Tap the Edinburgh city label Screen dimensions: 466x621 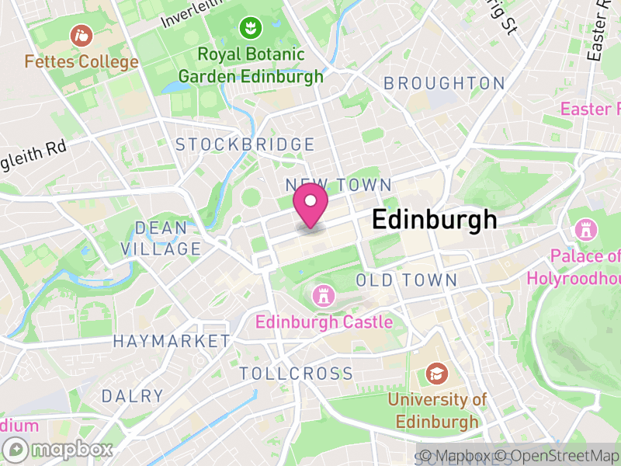click(435, 220)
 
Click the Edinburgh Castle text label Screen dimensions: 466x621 click(324, 321)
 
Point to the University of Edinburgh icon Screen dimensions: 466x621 click(436, 374)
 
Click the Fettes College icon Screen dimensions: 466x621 click(81, 35)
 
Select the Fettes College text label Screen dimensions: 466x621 click(81, 61)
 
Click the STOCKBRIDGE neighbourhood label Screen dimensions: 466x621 click(245, 144)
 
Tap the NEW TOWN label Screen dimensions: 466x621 click(338, 185)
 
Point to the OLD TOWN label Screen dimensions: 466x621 click(406, 280)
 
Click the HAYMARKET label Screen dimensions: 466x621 click(171, 341)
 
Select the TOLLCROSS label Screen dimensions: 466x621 click(296, 374)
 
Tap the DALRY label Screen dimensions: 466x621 click(133, 396)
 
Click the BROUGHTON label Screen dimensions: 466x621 click(444, 83)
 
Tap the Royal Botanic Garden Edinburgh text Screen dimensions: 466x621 click(250, 65)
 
